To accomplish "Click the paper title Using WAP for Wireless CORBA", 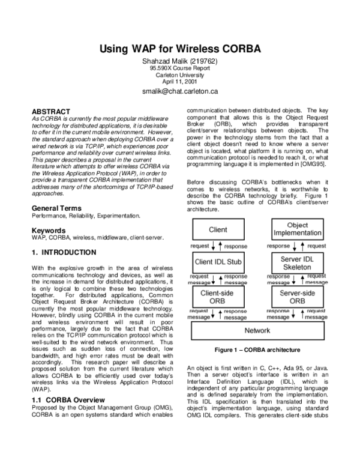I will click(179, 48).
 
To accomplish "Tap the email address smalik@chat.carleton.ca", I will click(179, 92).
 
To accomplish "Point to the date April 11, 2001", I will click(179, 81).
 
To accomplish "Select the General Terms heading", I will click(58, 208).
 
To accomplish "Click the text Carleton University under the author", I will click(179, 75).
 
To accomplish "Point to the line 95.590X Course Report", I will click(179, 68).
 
